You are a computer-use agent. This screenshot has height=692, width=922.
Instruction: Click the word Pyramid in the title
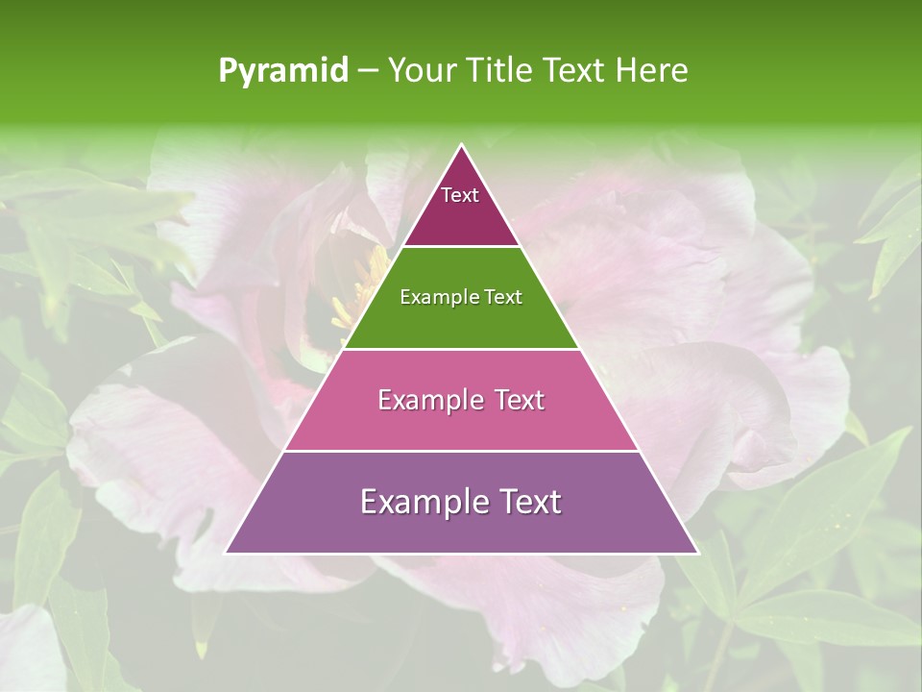click(283, 71)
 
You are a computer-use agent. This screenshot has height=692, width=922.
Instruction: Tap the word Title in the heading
click(501, 70)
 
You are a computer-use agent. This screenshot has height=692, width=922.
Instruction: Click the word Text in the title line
click(575, 70)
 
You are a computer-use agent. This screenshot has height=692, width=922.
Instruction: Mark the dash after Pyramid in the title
click(368, 71)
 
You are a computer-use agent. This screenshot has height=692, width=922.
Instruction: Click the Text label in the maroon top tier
click(460, 195)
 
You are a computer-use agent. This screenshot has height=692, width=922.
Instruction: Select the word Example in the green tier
click(436, 297)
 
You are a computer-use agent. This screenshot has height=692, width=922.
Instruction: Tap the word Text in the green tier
click(501, 297)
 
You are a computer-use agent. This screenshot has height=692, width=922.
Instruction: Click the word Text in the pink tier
click(520, 400)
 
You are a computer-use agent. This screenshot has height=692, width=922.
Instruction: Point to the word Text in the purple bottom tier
click(528, 502)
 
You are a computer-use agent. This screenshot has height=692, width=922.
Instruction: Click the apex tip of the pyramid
click(461, 146)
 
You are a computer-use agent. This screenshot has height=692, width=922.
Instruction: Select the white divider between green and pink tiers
click(461, 349)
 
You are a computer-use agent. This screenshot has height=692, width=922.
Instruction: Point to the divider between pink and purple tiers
click(461, 451)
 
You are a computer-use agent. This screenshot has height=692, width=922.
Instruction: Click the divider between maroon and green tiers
click(461, 247)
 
